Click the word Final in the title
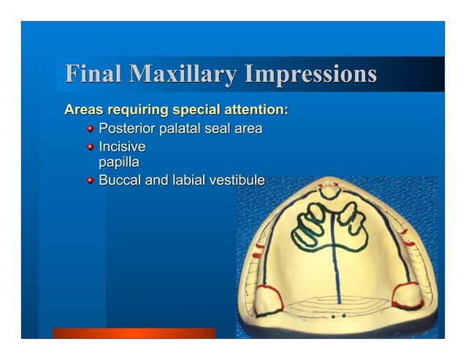point(93,75)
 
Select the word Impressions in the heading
point(310,75)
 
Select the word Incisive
point(121,147)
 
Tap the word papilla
point(118,161)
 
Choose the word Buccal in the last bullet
point(120,180)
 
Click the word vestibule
point(233,180)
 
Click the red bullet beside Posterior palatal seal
point(90,130)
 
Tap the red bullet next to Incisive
point(90,148)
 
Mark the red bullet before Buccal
point(90,180)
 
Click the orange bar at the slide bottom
point(134,333)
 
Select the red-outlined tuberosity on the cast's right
point(405,295)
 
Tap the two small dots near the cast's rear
point(337,317)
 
